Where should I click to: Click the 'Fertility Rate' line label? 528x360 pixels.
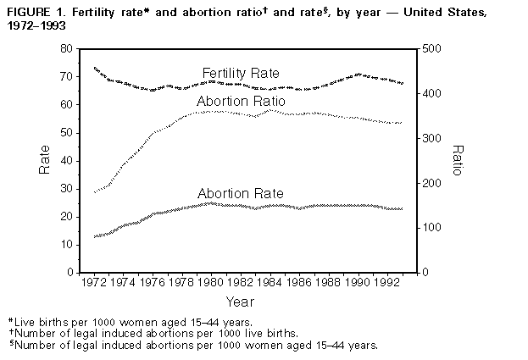coord(241,74)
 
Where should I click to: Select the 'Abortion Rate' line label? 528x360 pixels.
coord(240,193)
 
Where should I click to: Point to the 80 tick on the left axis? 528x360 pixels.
coord(67,49)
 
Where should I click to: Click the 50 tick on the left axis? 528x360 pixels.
coord(67,133)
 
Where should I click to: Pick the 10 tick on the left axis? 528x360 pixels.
coord(67,245)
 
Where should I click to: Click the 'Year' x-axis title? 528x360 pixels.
coord(240,302)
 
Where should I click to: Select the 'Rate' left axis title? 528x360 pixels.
coord(45,160)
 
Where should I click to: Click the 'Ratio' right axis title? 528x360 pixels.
coord(458,160)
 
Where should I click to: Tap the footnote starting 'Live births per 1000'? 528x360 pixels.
coord(131,323)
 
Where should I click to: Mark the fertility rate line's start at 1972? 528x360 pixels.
coord(93,68)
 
